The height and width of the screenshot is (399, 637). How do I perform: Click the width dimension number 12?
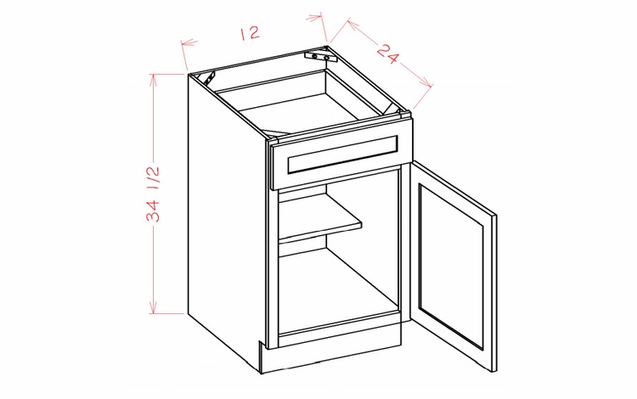[x=249, y=33]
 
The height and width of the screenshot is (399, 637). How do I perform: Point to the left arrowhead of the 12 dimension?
[x=185, y=42]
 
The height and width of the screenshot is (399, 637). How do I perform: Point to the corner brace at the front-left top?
[x=274, y=134]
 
